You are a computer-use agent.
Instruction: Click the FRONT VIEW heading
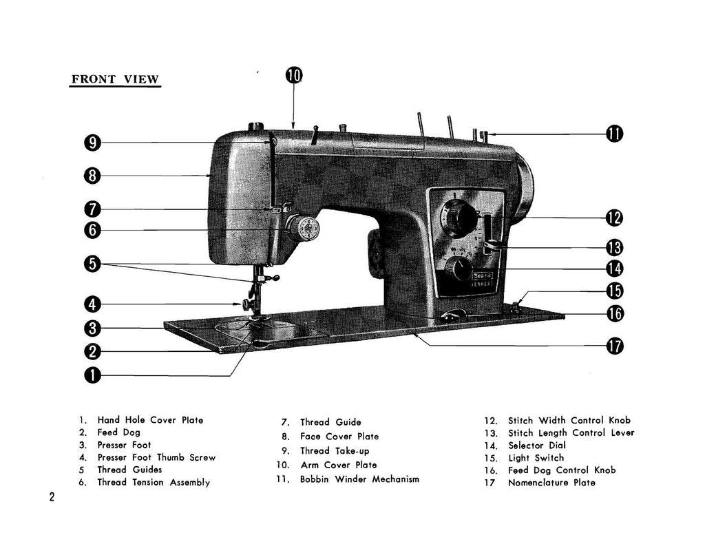coord(115,79)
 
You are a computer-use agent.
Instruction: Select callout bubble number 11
coord(615,134)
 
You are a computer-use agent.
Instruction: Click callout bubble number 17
coord(615,346)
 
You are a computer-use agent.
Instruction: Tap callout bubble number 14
coord(615,269)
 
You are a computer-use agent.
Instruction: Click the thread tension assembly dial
coord(303,228)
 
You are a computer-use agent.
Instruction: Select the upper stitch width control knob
coord(457,217)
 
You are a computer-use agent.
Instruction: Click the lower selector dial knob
coord(456,269)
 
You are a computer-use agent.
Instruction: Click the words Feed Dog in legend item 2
coord(118,432)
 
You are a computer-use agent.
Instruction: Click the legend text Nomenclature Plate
coord(551,483)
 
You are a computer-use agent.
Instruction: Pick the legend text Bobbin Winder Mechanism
coord(359,479)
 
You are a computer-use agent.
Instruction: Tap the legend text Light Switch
coord(536,458)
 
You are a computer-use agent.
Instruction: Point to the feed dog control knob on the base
coord(452,315)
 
